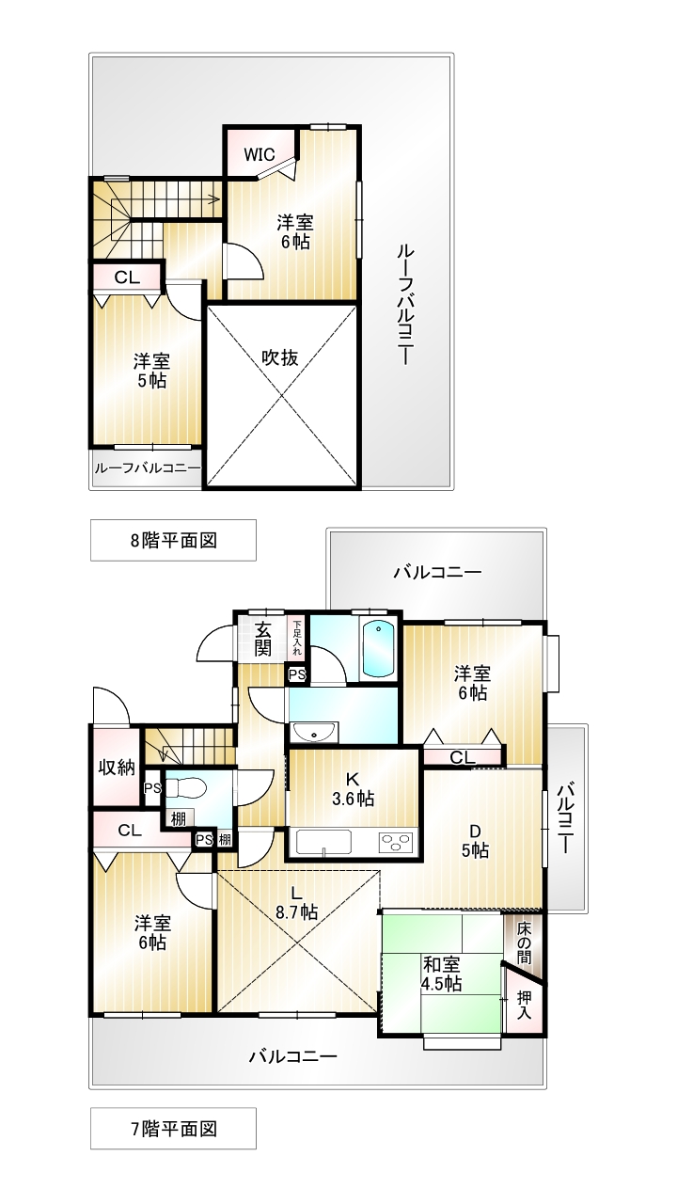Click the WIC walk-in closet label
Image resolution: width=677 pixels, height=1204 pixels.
(259, 155)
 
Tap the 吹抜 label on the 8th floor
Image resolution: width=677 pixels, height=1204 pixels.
(280, 358)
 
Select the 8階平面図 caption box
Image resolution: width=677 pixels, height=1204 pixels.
(173, 540)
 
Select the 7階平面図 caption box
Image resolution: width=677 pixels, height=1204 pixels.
(173, 1129)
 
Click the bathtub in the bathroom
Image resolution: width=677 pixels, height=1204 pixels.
(379, 649)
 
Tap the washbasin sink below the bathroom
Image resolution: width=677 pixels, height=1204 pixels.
(314, 732)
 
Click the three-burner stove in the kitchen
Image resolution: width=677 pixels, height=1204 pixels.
(397, 842)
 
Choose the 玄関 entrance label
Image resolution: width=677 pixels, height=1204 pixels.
(262, 639)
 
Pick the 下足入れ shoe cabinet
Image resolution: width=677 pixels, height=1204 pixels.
(296, 638)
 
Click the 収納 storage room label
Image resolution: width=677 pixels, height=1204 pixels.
(117, 768)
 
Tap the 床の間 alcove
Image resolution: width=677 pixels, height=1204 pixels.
(524, 943)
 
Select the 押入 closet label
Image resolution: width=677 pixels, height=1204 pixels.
(524, 1005)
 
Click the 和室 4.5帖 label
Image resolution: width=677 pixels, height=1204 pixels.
(442, 974)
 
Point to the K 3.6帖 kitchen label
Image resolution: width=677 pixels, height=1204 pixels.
(353, 788)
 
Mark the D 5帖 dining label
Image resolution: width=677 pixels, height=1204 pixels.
(475, 841)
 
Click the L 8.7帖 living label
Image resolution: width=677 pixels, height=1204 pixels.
(296, 903)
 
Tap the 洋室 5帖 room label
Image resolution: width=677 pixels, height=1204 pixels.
(151, 371)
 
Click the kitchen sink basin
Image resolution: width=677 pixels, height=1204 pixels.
(324, 842)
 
